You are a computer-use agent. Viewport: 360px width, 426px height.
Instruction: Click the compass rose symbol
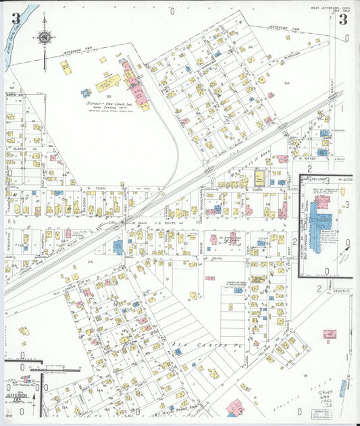44,38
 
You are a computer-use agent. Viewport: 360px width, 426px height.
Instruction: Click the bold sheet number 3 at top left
15,18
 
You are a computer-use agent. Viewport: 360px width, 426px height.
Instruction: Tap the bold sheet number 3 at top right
342,19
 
